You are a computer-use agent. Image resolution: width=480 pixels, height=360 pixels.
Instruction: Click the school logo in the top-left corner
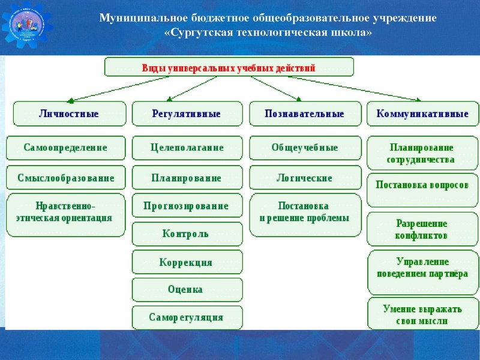(27, 27)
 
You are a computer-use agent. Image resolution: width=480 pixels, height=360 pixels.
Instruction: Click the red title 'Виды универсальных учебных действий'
(229, 68)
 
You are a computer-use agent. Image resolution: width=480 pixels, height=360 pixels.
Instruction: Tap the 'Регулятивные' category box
(186, 114)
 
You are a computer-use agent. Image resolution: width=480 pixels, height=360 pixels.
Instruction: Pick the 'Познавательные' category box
(304, 114)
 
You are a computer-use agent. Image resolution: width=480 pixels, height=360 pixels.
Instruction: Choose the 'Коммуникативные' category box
(422, 114)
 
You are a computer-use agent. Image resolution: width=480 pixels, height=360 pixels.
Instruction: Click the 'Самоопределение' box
(66, 148)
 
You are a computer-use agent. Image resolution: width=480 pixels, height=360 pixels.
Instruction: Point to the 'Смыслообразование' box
(66, 178)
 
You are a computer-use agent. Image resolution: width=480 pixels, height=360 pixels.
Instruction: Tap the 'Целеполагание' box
(187, 148)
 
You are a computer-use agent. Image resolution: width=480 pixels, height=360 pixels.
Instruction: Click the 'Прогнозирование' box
(187, 206)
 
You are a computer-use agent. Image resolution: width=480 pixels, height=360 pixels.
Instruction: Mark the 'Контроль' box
(187, 234)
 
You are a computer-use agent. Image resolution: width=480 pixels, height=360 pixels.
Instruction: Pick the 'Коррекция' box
(187, 262)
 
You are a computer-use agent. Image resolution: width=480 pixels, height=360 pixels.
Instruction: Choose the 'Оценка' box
(187, 290)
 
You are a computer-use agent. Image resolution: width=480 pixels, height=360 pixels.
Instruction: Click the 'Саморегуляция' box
(187, 317)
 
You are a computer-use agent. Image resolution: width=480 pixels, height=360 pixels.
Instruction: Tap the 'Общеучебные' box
(305, 148)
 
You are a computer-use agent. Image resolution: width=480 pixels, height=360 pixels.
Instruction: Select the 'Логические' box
(305, 178)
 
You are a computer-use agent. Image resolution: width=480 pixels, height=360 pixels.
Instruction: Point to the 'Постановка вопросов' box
(422, 185)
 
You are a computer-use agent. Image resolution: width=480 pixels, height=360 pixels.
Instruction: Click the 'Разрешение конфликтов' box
(422, 229)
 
